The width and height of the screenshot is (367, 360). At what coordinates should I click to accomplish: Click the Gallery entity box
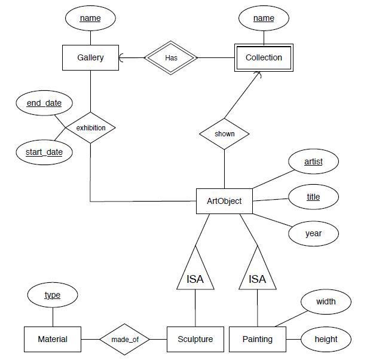90,58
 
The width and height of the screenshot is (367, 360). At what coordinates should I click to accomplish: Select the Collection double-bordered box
264,58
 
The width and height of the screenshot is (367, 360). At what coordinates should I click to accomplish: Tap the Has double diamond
171,58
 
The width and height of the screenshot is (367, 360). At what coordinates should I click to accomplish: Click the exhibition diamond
90,127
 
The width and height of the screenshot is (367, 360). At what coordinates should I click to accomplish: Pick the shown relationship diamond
224,133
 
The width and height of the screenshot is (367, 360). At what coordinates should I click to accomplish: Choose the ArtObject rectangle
224,201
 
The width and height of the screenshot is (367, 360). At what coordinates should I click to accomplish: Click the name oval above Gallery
90,19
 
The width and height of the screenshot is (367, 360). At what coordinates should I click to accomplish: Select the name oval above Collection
264,19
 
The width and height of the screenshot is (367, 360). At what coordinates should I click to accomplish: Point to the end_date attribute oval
44,103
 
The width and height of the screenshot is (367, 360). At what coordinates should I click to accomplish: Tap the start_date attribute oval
44,152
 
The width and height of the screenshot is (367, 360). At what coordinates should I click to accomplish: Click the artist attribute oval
313,161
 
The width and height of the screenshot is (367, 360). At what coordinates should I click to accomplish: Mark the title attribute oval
313,197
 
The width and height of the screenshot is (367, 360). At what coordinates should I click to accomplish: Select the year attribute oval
313,233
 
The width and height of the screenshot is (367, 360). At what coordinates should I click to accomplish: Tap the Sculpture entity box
195,339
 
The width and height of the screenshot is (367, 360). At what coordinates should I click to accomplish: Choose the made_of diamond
124,339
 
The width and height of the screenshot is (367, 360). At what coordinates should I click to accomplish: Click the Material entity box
53,339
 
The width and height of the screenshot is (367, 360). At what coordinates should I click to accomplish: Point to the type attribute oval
53,295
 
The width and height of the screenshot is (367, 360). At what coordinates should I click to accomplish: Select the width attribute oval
326,301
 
